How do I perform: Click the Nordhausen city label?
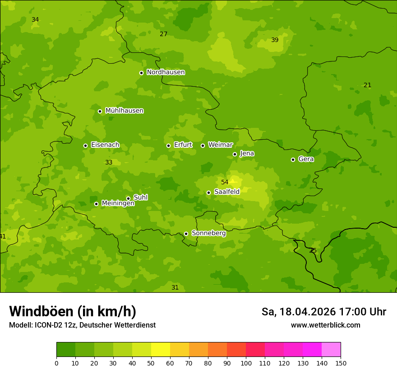166,72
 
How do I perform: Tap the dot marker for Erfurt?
168,145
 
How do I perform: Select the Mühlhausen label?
124,111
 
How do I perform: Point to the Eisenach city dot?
85,145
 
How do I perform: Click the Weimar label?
220,145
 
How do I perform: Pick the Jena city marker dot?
235,154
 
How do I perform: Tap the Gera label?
306,159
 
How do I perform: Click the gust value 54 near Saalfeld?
225,182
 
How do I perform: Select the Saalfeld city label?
226,192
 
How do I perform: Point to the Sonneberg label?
208,233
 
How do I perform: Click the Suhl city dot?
128,198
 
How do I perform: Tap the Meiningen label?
118,203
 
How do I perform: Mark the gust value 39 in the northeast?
275,40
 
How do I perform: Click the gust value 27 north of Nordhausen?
163,34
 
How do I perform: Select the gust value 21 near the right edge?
367,85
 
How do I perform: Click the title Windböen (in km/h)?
73,311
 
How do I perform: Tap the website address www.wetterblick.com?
325,325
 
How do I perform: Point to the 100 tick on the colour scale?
246,363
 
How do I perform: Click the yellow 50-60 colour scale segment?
161,349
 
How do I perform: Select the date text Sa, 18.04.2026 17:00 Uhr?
323,312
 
